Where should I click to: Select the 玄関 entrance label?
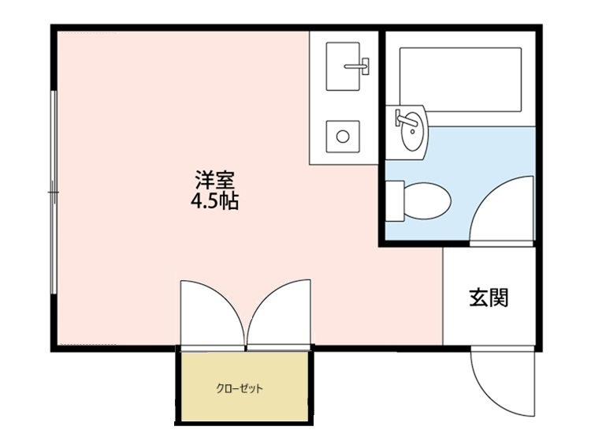[489, 297]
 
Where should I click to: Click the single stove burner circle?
[344, 135]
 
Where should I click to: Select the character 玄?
[478, 297]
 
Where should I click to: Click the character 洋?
[204, 179]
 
